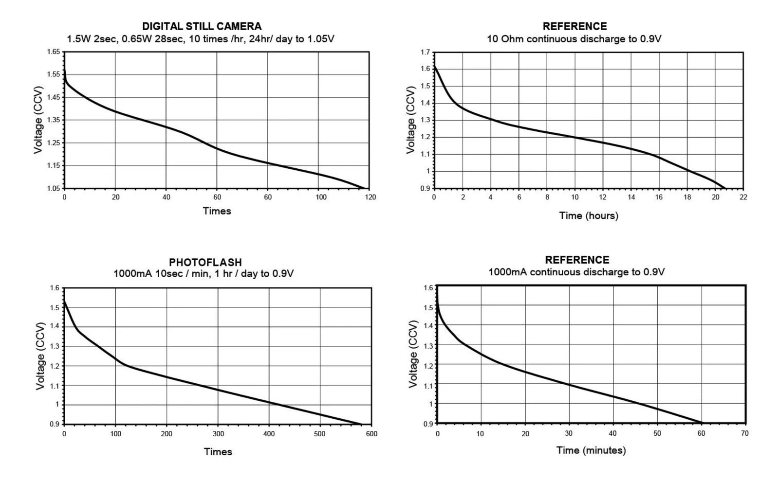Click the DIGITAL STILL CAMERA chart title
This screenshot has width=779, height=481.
[x=202, y=26]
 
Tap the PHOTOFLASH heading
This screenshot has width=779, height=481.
[x=205, y=263]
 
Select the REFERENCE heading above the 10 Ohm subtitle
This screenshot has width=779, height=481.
[x=575, y=26]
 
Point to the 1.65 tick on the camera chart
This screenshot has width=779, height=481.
[x=54, y=52]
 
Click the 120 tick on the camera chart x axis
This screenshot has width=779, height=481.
[x=370, y=197]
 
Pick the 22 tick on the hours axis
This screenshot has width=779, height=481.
[x=743, y=197]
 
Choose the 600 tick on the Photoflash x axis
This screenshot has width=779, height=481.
[x=371, y=433]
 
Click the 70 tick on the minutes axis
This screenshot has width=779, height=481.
[x=744, y=433]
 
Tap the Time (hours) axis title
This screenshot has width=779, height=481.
[x=588, y=215]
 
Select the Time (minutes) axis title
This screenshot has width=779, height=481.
[x=591, y=450]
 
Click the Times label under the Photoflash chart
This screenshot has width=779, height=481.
[x=218, y=452]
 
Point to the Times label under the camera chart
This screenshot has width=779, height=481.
[x=217, y=211]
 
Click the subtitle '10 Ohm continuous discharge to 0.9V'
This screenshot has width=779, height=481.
[x=574, y=39]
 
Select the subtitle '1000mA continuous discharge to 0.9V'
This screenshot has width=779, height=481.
[x=576, y=272]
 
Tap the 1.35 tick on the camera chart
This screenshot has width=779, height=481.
[x=54, y=120]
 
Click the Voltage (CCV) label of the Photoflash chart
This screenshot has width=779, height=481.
[x=40, y=356]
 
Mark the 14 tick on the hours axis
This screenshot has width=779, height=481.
[x=631, y=197]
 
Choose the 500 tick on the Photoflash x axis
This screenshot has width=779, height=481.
[x=320, y=433]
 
